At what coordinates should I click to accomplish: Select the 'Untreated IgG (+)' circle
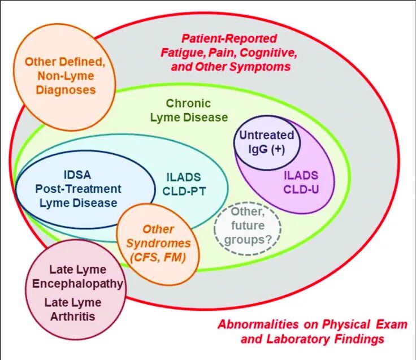tap(266, 142)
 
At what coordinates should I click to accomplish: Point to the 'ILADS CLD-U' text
tap(300, 182)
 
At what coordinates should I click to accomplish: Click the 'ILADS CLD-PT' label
tap(185, 183)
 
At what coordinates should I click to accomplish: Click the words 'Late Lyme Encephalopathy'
tap(78, 276)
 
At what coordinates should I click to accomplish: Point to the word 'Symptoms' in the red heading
tap(262, 67)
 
